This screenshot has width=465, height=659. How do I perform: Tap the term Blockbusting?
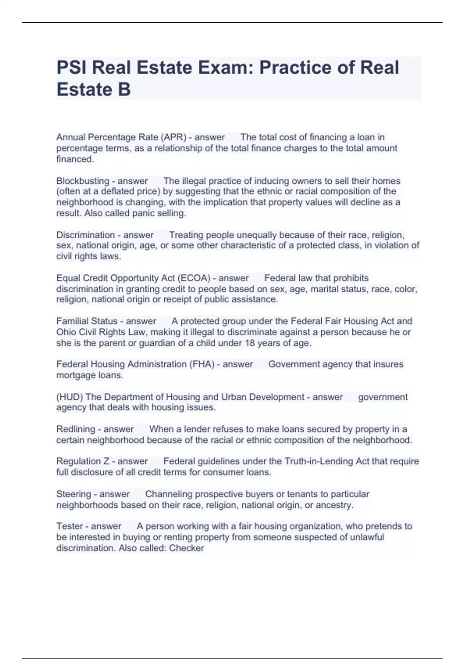click(83, 181)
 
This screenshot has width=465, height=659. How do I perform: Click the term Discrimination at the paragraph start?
click(85, 235)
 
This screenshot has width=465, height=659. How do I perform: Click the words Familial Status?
click(87, 321)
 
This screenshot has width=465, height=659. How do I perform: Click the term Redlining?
click(76, 429)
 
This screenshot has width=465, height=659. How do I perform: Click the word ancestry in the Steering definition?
click(334, 505)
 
